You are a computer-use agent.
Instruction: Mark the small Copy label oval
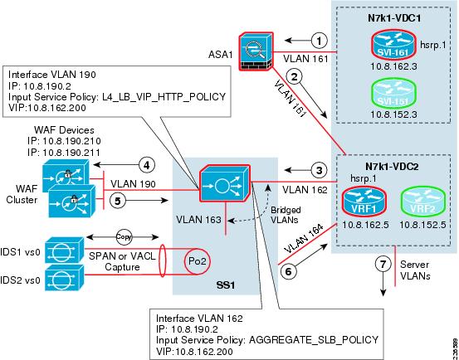pos(125,234)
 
